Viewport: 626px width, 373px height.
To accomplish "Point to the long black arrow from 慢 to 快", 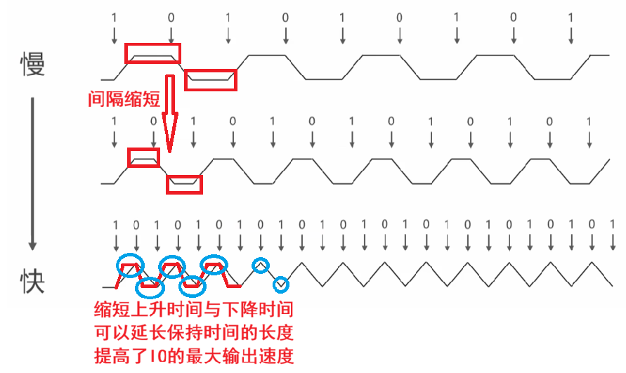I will pyautogui.click(x=32, y=171).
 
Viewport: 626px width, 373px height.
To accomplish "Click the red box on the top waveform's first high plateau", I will pyautogui.click(x=152, y=53).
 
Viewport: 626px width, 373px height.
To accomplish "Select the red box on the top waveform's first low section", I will pyautogui.click(x=211, y=79).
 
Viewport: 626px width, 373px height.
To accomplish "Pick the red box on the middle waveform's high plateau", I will pyautogui.click(x=145, y=158).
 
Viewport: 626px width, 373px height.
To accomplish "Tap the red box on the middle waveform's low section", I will pyautogui.click(x=184, y=184).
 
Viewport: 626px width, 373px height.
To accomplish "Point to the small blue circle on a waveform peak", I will pyautogui.click(x=261, y=264).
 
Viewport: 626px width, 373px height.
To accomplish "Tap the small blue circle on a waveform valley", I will pyautogui.click(x=281, y=284).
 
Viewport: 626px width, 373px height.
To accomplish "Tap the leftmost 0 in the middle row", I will pyautogui.click(x=154, y=121).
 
